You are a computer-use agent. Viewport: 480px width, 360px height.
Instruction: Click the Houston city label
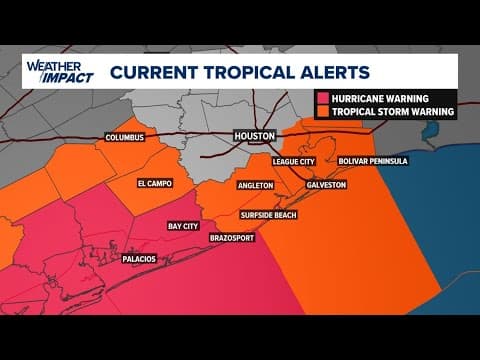[x=254, y=136]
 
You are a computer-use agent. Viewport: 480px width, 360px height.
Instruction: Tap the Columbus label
[x=125, y=138]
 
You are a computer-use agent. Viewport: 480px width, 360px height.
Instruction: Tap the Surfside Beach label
[x=267, y=215]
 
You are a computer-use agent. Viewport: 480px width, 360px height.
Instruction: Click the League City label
[x=297, y=160]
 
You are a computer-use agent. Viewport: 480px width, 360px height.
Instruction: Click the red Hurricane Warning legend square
[x=323, y=98]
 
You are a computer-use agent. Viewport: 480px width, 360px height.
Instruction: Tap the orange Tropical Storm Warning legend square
[x=323, y=112]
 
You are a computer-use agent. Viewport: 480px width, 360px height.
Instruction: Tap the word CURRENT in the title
[x=150, y=72]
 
